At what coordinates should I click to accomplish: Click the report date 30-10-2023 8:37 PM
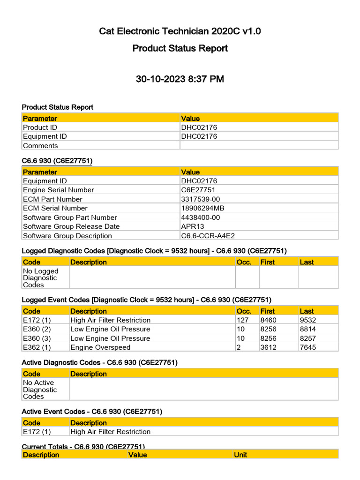(180, 79)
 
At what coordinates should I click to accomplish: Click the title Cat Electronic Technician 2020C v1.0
(180, 31)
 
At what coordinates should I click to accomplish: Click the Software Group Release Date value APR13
(193, 226)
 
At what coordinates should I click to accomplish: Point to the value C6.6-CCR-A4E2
(205, 236)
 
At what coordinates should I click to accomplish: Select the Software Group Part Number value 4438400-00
(200, 217)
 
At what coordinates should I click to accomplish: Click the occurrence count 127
(242, 320)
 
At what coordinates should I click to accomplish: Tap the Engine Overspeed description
(100, 347)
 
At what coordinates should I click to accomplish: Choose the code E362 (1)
(37, 347)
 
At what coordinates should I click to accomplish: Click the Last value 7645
(308, 347)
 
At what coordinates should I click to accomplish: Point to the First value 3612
(268, 347)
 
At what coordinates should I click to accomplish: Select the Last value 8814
(308, 329)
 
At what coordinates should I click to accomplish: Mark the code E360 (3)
(37, 338)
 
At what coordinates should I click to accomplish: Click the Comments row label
(40, 146)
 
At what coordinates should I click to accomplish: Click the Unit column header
(240, 455)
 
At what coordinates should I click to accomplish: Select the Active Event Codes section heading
(92, 412)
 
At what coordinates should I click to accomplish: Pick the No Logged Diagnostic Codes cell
(41, 278)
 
